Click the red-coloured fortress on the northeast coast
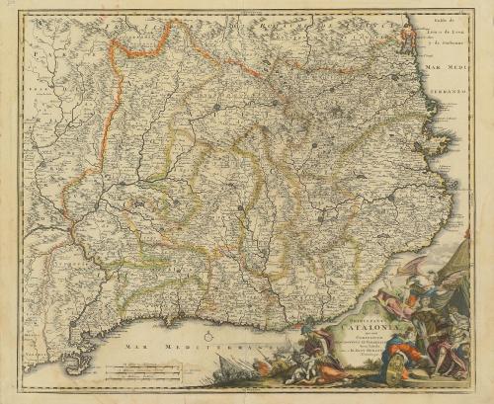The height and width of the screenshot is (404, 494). click(x=404, y=40)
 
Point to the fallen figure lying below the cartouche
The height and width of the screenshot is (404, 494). click(x=306, y=375)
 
